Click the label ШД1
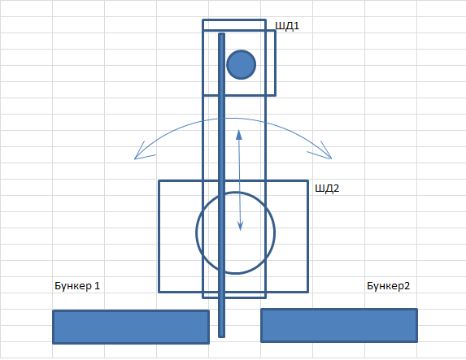[x=287, y=26]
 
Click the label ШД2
[x=327, y=189]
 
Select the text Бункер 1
[x=77, y=286]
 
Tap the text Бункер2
[x=389, y=286]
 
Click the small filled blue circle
[x=241, y=64]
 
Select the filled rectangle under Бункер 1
[x=131, y=327]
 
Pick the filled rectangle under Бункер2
[x=339, y=326]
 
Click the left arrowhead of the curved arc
[x=135, y=159]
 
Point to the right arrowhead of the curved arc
[x=331, y=159]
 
